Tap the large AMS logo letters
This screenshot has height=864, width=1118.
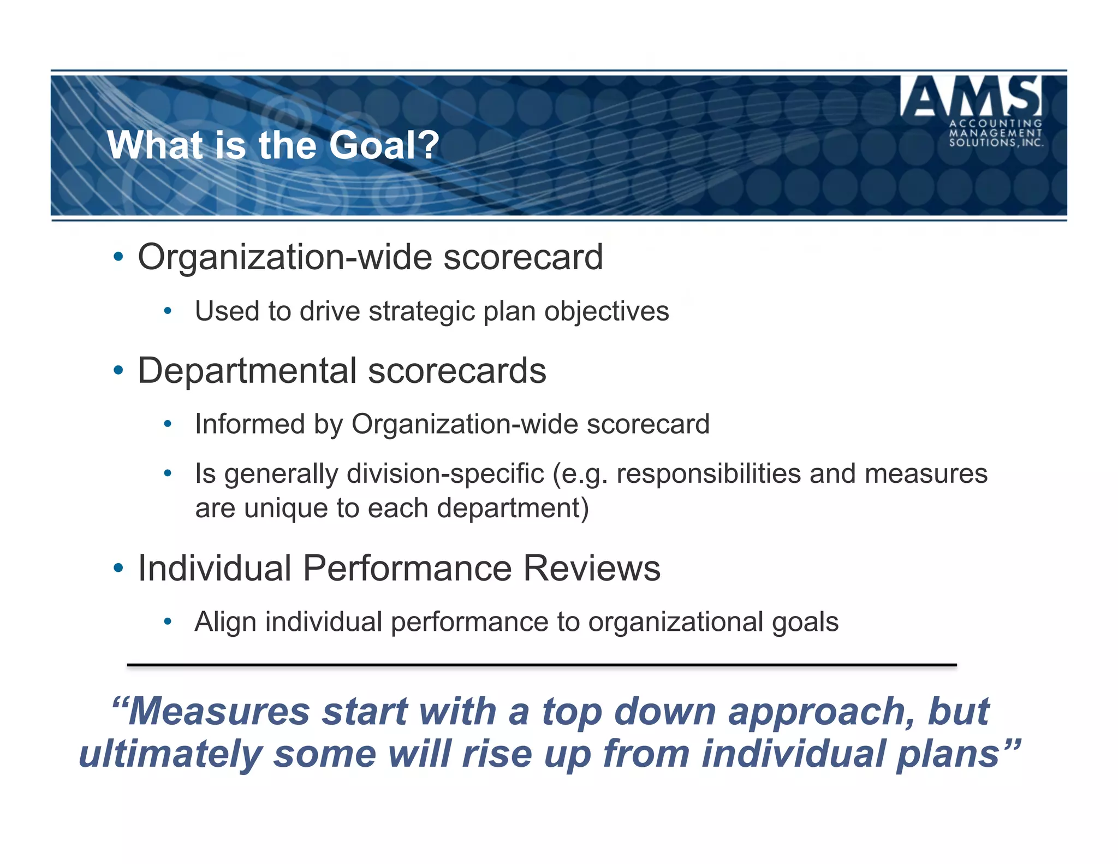(971, 97)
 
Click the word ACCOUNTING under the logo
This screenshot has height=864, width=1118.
(995, 123)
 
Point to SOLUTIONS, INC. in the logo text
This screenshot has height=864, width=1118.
(996, 143)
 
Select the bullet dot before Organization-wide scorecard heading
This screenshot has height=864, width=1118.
(118, 257)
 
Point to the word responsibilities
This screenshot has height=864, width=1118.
(709, 474)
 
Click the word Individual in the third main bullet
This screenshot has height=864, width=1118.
(215, 568)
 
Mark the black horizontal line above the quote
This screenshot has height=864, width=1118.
(542, 665)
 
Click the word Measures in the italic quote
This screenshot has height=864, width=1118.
(218, 712)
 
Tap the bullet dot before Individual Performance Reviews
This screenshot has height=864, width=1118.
(118, 568)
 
